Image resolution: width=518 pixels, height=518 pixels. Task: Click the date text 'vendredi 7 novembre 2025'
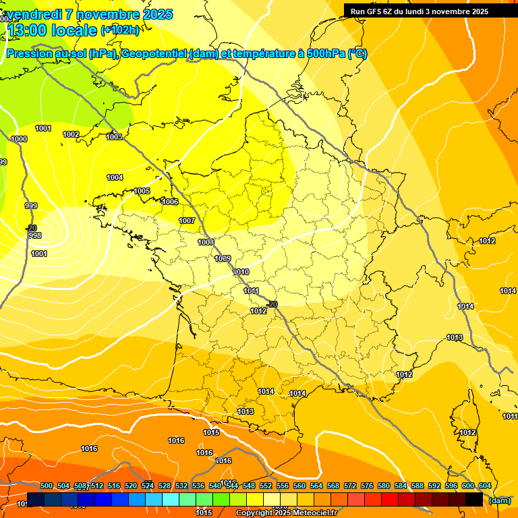(90, 14)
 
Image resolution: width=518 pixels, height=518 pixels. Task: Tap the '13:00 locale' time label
(53, 30)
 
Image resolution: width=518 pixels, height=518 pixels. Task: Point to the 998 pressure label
(35, 235)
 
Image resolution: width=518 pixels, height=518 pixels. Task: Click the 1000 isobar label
(19, 139)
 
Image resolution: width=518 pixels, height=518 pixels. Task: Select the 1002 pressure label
(71, 134)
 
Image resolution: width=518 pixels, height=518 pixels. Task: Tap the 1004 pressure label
(115, 177)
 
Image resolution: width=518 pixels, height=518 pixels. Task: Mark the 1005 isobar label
(142, 191)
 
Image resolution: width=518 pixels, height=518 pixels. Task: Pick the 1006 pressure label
(170, 202)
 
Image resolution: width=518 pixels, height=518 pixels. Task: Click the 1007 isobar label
(187, 221)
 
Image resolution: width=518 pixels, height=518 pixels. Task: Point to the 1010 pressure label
(241, 272)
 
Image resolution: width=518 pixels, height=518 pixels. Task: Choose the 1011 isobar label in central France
(252, 291)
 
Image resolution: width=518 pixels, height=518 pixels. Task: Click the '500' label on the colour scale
(47, 486)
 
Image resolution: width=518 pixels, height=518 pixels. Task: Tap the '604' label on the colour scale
(484, 486)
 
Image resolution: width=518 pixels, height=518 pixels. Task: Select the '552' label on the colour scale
(266, 486)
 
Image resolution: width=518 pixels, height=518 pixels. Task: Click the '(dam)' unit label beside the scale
(499, 500)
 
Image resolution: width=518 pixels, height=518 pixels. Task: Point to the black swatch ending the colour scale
(474, 499)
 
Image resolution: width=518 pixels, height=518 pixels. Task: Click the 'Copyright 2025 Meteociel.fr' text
(286, 513)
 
